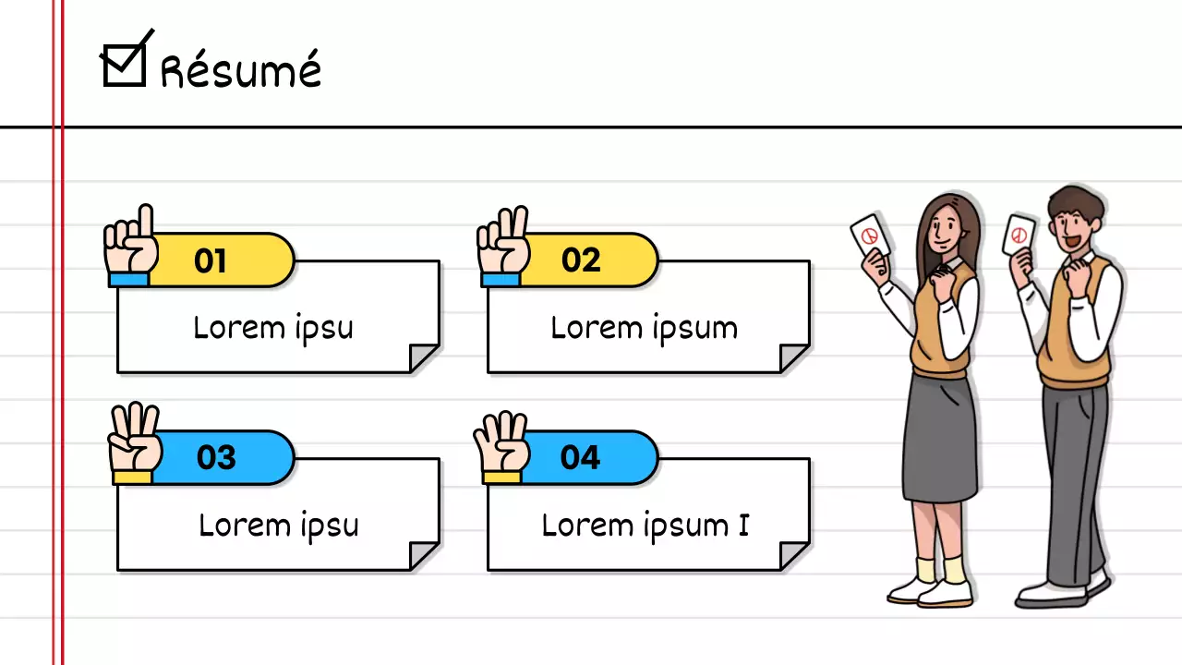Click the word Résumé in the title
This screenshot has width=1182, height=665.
pyautogui.click(x=241, y=70)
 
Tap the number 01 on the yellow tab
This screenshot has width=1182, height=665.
pyautogui.click(x=210, y=261)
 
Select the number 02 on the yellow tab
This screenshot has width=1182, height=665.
pyautogui.click(x=581, y=260)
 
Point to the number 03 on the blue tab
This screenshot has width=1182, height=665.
pyautogui.click(x=216, y=457)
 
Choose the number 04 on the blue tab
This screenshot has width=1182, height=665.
pyautogui.click(x=580, y=457)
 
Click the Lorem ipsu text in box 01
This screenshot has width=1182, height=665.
pyautogui.click(x=273, y=328)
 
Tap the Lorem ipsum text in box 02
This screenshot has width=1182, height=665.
pyautogui.click(x=644, y=328)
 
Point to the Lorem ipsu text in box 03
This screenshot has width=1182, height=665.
pyautogui.click(x=278, y=526)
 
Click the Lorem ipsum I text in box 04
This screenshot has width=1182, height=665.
pyautogui.click(x=645, y=526)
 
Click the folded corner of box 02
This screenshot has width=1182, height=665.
pyautogui.click(x=794, y=358)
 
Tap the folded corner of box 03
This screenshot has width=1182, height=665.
pyautogui.click(x=424, y=555)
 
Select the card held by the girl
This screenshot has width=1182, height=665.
pyautogui.click(x=870, y=236)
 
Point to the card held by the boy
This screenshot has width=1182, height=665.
pyautogui.click(x=1019, y=235)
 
